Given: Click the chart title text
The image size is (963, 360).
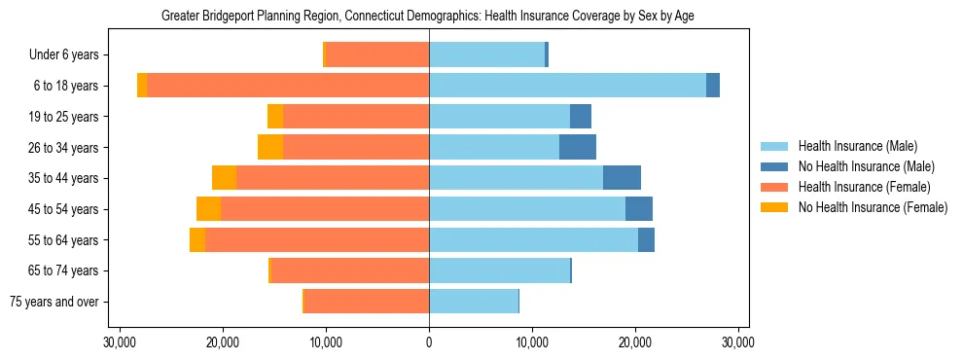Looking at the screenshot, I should pos(428,17).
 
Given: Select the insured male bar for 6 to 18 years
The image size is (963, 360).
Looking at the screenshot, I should pos(567,86).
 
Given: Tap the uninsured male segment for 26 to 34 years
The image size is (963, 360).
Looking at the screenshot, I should pos(578,147).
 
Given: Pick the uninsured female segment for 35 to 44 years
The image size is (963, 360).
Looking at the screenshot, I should pos(225,178).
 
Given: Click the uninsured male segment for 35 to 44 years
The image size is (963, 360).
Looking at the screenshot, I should pos(622,178).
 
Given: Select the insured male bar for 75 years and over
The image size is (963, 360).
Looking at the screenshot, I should pos(474,302).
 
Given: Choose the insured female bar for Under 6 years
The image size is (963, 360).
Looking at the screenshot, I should pos(376,55).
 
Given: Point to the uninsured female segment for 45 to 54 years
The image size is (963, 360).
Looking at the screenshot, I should pos(208,209).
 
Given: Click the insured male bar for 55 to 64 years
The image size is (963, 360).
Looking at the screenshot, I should pos(533,239).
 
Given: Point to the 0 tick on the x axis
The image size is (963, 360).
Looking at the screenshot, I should pos(429,342).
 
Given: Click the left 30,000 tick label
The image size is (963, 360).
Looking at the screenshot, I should pos(120,342).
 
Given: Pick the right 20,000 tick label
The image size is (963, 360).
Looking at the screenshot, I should pos(635,342).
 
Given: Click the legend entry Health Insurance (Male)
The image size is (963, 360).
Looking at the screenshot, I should pos(857,147).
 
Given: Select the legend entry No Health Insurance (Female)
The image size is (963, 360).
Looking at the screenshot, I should pos(873,207).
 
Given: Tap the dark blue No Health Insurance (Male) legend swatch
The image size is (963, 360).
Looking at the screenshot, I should pos(775,166).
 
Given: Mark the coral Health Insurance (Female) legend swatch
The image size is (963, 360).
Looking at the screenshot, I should pos(775,187).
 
